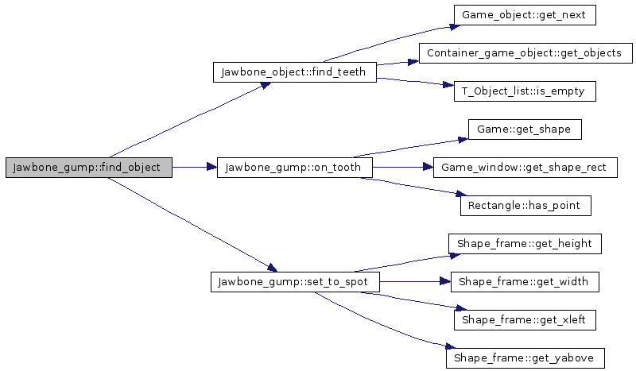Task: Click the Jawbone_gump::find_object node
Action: [x=88, y=167]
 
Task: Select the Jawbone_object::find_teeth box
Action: [x=294, y=71]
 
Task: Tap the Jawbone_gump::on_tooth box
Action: [x=294, y=167]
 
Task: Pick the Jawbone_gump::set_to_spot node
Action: [x=294, y=281]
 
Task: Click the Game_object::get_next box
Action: [x=525, y=14]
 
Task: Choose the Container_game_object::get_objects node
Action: [x=525, y=52]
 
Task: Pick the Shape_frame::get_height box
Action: [x=525, y=243]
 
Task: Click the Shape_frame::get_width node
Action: [x=525, y=281]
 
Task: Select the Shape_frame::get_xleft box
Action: [x=525, y=319]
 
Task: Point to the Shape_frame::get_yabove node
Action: [x=525, y=357]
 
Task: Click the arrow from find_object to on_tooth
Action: [x=195, y=167]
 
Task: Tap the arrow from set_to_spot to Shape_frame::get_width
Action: [x=413, y=281]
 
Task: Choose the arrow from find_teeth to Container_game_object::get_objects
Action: [x=397, y=63]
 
